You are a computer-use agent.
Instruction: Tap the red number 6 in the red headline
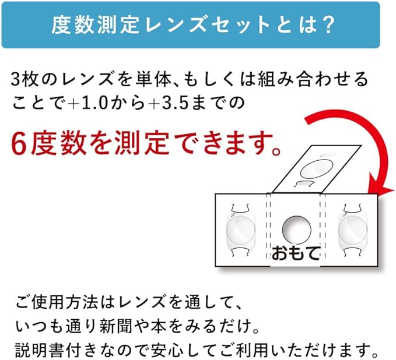[19, 145]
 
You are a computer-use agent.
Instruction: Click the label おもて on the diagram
[296, 253]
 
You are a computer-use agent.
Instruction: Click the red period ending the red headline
[276, 151]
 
